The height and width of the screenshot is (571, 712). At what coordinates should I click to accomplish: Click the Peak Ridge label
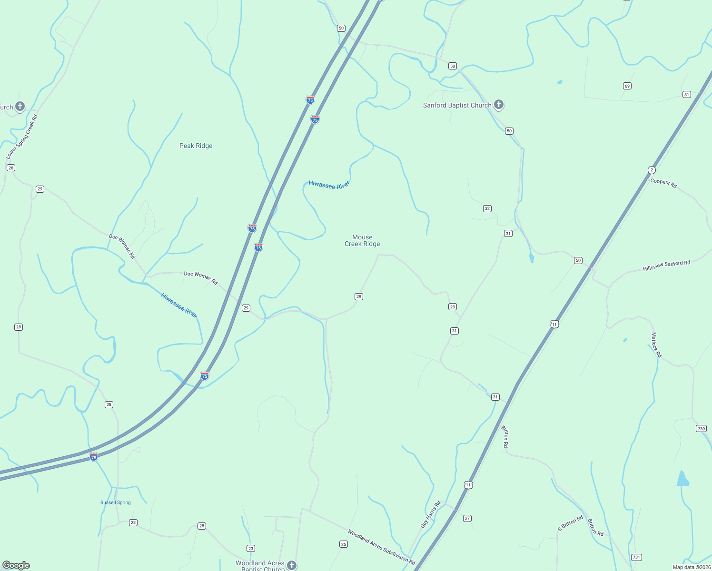tap(196, 146)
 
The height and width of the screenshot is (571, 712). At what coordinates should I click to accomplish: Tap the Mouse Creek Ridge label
tap(362, 240)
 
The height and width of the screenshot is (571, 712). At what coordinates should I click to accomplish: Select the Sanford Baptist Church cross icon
tap(498, 104)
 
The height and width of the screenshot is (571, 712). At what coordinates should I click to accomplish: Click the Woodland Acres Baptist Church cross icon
tap(292, 565)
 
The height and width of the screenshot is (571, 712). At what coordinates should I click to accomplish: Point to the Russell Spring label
tap(115, 502)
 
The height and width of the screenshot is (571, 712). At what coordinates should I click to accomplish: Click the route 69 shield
tap(627, 86)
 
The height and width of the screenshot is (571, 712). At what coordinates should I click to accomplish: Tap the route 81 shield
tap(686, 94)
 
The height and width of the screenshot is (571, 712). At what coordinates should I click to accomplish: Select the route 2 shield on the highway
tap(652, 170)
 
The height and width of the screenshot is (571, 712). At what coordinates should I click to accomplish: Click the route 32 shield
tap(487, 208)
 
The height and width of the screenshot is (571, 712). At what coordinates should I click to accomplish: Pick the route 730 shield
tap(701, 428)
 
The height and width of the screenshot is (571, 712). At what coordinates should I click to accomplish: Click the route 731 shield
tap(636, 557)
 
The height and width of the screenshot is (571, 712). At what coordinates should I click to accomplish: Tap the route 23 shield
tap(251, 548)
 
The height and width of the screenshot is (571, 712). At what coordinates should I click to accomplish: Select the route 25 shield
tap(344, 544)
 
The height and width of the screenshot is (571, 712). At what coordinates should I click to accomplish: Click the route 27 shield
tap(467, 518)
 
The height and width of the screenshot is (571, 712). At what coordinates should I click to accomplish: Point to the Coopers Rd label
tap(663, 183)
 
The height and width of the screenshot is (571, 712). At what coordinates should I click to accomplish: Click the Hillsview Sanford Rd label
tap(666, 266)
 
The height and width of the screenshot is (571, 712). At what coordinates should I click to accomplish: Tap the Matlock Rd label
tap(656, 345)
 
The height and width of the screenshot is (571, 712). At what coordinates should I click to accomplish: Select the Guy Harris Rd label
tap(431, 514)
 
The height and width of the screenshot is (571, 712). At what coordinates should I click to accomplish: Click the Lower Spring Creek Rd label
tap(22, 137)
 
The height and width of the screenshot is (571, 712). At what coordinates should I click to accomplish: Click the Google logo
tap(16, 565)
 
